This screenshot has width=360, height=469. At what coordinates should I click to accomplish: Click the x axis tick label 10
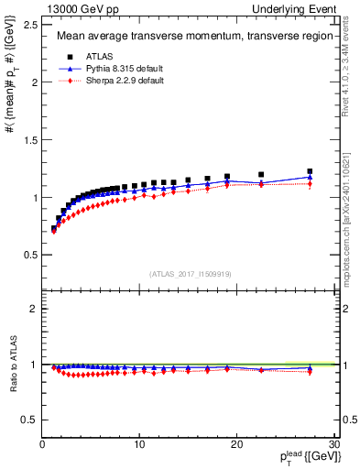(139, 444)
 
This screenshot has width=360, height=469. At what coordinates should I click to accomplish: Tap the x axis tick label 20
(236, 444)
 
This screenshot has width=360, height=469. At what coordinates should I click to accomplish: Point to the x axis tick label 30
(333, 444)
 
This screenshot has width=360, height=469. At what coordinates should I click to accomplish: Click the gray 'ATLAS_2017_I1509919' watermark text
(191, 273)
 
